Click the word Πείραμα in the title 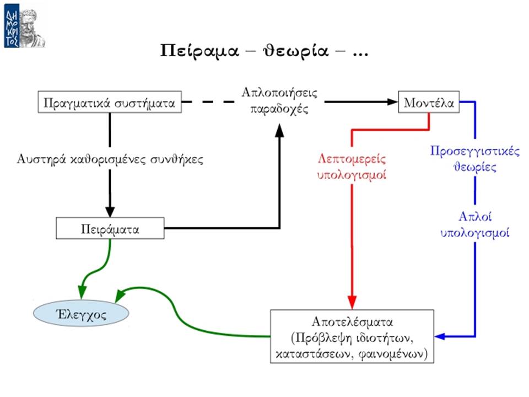pyautogui.click(x=199, y=51)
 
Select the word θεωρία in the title pyautogui.click(x=295, y=51)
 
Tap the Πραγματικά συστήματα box pyautogui.click(x=110, y=102)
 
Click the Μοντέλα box pyautogui.click(x=429, y=102)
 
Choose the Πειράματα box pyautogui.click(x=110, y=228)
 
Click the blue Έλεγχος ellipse pyautogui.click(x=81, y=314)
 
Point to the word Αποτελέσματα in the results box pyautogui.click(x=352, y=321)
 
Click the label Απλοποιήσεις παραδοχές pyautogui.click(x=279, y=101)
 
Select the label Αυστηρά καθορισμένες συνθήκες pyautogui.click(x=110, y=159)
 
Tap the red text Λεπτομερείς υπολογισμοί pyautogui.click(x=352, y=167)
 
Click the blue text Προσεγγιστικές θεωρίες pyautogui.click(x=474, y=159)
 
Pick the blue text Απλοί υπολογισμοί pyautogui.click(x=474, y=224)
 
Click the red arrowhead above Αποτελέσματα pyautogui.click(x=352, y=302)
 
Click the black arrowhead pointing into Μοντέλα pyautogui.click(x=392, y=101)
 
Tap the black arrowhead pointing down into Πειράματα pyautogui.click(x=110, y=212)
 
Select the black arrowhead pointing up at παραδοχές pyautogui.click(x=279, y=130)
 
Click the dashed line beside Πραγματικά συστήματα pyautogui.click(x=208, y=101)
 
